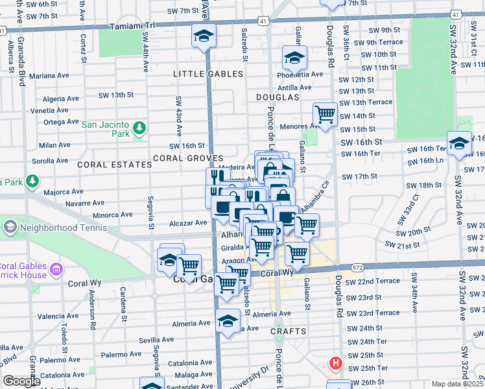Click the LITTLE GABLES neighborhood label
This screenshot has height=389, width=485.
coord(207,74)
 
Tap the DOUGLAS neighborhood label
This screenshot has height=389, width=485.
coord(278,97)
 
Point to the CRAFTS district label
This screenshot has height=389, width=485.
coord(289,331)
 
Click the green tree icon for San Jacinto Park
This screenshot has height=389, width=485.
coord(139,129)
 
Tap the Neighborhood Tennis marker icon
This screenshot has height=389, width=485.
coord(10,227)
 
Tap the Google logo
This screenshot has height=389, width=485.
coord(21,381)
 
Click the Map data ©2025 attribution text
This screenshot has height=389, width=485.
coord(457,384)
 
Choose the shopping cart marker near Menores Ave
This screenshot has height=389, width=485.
coord(325,115)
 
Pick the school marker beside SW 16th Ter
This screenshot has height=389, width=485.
coord(459,143)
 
